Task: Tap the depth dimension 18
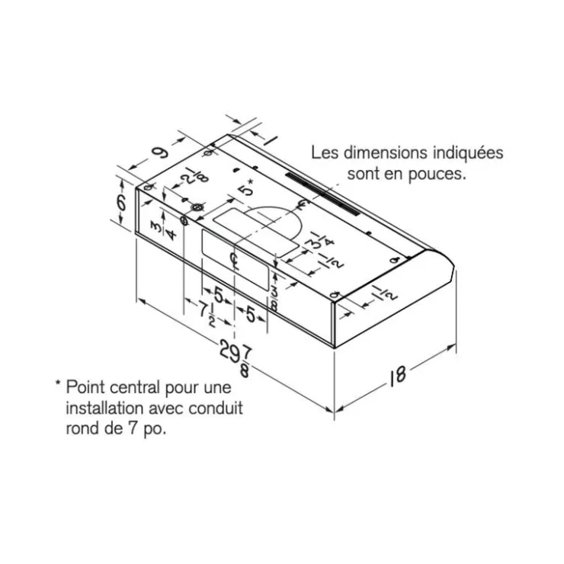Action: click(397, 375)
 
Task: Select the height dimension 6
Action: click(122, 203)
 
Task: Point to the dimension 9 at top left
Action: click(160, 152)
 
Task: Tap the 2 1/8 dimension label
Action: click(194, 175)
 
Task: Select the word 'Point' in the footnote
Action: click(85, 387)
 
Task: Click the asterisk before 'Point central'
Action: click(58, 383)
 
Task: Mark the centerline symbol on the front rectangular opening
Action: click(235, 261)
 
